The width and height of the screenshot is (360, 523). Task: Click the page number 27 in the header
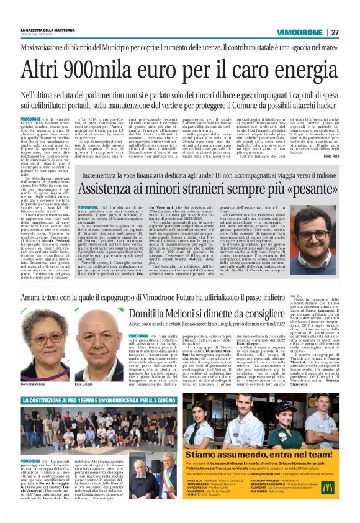[335, 32]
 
